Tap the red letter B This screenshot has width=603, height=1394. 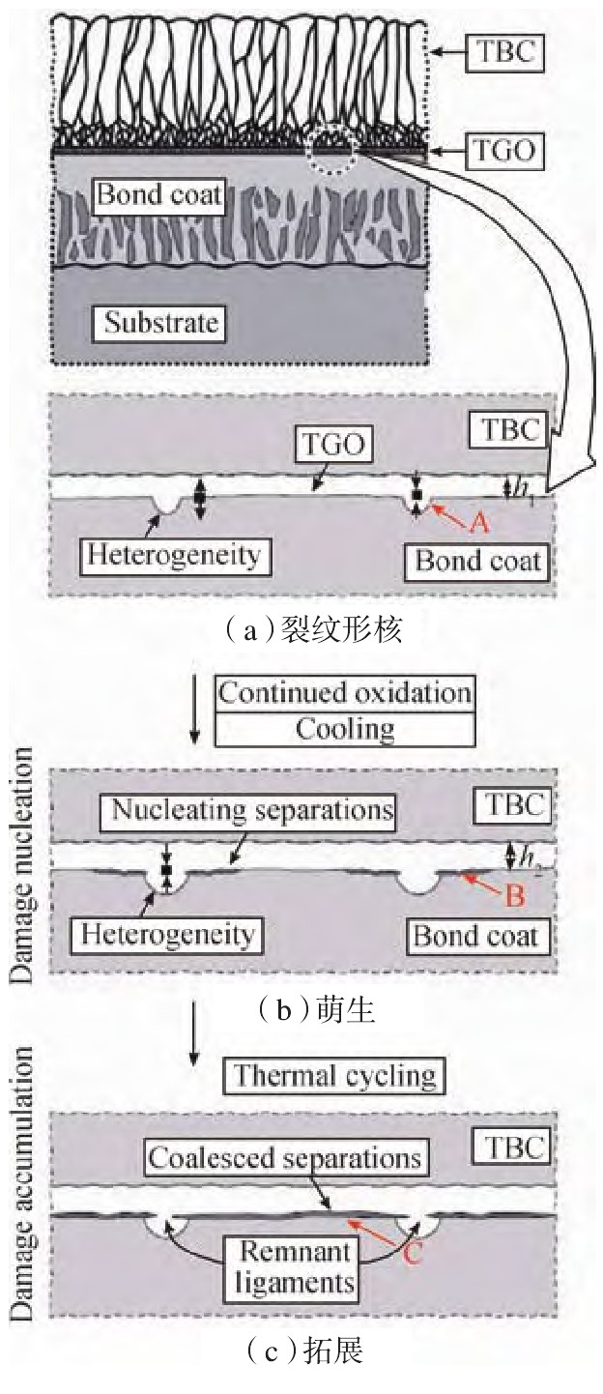point(514,895)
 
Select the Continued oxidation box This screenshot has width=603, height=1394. point(345,692)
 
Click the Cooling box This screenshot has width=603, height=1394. point(345,727)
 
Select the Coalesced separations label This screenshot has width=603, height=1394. point(284,1156)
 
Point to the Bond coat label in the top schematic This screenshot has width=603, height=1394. point(160,197)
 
